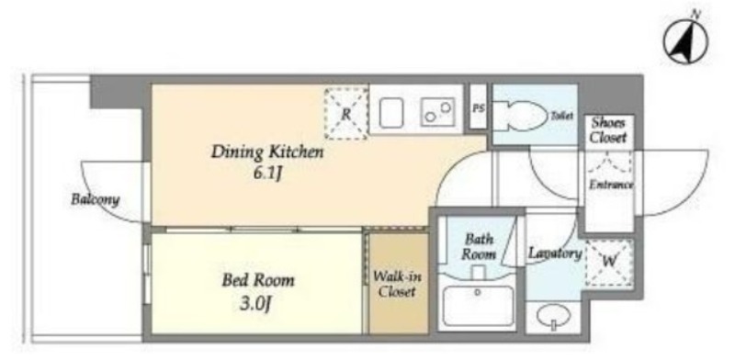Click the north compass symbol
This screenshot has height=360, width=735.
(685, 42)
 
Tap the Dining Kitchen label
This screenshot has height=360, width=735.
(267, 152)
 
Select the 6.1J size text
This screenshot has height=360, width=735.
(267, 174)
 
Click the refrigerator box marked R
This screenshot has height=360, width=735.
(346, 113)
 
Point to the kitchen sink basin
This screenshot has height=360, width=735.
(391, 112)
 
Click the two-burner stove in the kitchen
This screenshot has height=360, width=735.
(437, 112)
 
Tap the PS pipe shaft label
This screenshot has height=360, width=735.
(478, 108)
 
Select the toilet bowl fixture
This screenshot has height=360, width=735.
(520, 116)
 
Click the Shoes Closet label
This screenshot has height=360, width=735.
(608, 130)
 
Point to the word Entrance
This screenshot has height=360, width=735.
(611, 185)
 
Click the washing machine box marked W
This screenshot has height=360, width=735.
(609, 262)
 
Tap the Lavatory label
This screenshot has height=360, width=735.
(556, 253)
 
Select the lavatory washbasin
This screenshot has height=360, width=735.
(553, 316)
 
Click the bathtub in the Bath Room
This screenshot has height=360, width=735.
(478, 306)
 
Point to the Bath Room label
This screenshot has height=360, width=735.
(479, 247)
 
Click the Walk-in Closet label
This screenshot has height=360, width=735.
(397, 284)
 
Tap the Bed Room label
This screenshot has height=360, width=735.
(258, 280)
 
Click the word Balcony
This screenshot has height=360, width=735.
(96, 199)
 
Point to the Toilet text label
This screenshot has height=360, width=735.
(561, 116)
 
